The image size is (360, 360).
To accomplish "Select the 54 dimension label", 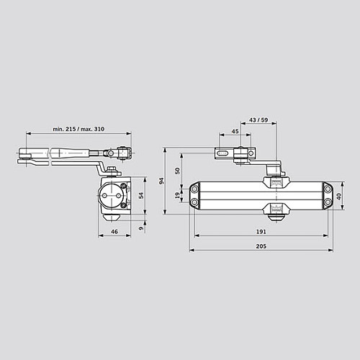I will click(x=141, y=194).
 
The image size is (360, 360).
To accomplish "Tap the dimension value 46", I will click(x=114, y=232).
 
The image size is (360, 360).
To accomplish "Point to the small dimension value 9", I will click(x=141, y=229).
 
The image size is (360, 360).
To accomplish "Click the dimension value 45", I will click(x=235, y=131).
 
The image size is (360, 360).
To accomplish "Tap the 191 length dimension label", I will click(x=261, y=232).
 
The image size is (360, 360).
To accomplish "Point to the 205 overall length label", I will click(x=261, y=246).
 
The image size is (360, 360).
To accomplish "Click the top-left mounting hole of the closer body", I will click(x=194, y=188).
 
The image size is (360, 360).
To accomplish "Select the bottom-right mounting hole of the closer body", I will click(x=328, y=203).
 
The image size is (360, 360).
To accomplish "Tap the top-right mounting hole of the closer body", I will click(x=328, y=188).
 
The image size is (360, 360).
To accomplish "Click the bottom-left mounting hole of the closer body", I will click(x=194, y=204).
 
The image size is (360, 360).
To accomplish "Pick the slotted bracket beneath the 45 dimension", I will click(x=230, y=153).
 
